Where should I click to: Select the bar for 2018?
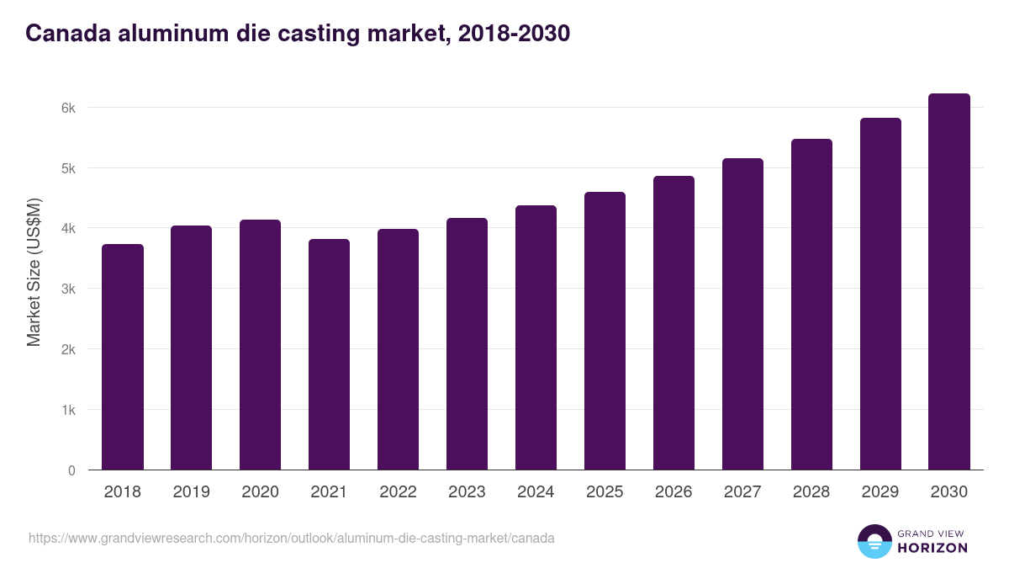123,357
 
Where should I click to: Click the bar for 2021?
329,354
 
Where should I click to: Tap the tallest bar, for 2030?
949,282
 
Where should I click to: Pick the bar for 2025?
605,331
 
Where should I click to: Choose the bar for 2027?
742,314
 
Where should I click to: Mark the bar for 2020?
260,345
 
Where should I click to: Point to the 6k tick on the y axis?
68,108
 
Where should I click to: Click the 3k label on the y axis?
68,289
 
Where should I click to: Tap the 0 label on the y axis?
71,470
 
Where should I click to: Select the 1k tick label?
68,410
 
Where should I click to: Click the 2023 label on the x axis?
467,492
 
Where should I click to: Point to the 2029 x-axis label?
880,492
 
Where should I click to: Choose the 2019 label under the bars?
191,492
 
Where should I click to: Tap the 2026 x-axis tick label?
674,492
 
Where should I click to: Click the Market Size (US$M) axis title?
34,272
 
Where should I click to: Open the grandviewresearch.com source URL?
292,538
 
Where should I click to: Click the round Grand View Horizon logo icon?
874,541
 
